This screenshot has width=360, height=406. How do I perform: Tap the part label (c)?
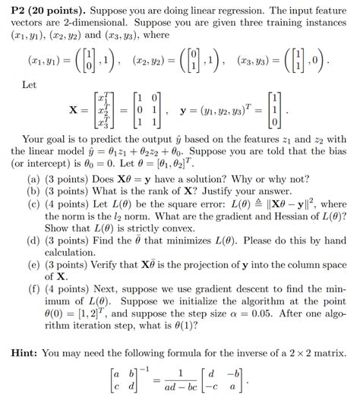[33, 204]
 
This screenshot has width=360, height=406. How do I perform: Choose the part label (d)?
[33, 239]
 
